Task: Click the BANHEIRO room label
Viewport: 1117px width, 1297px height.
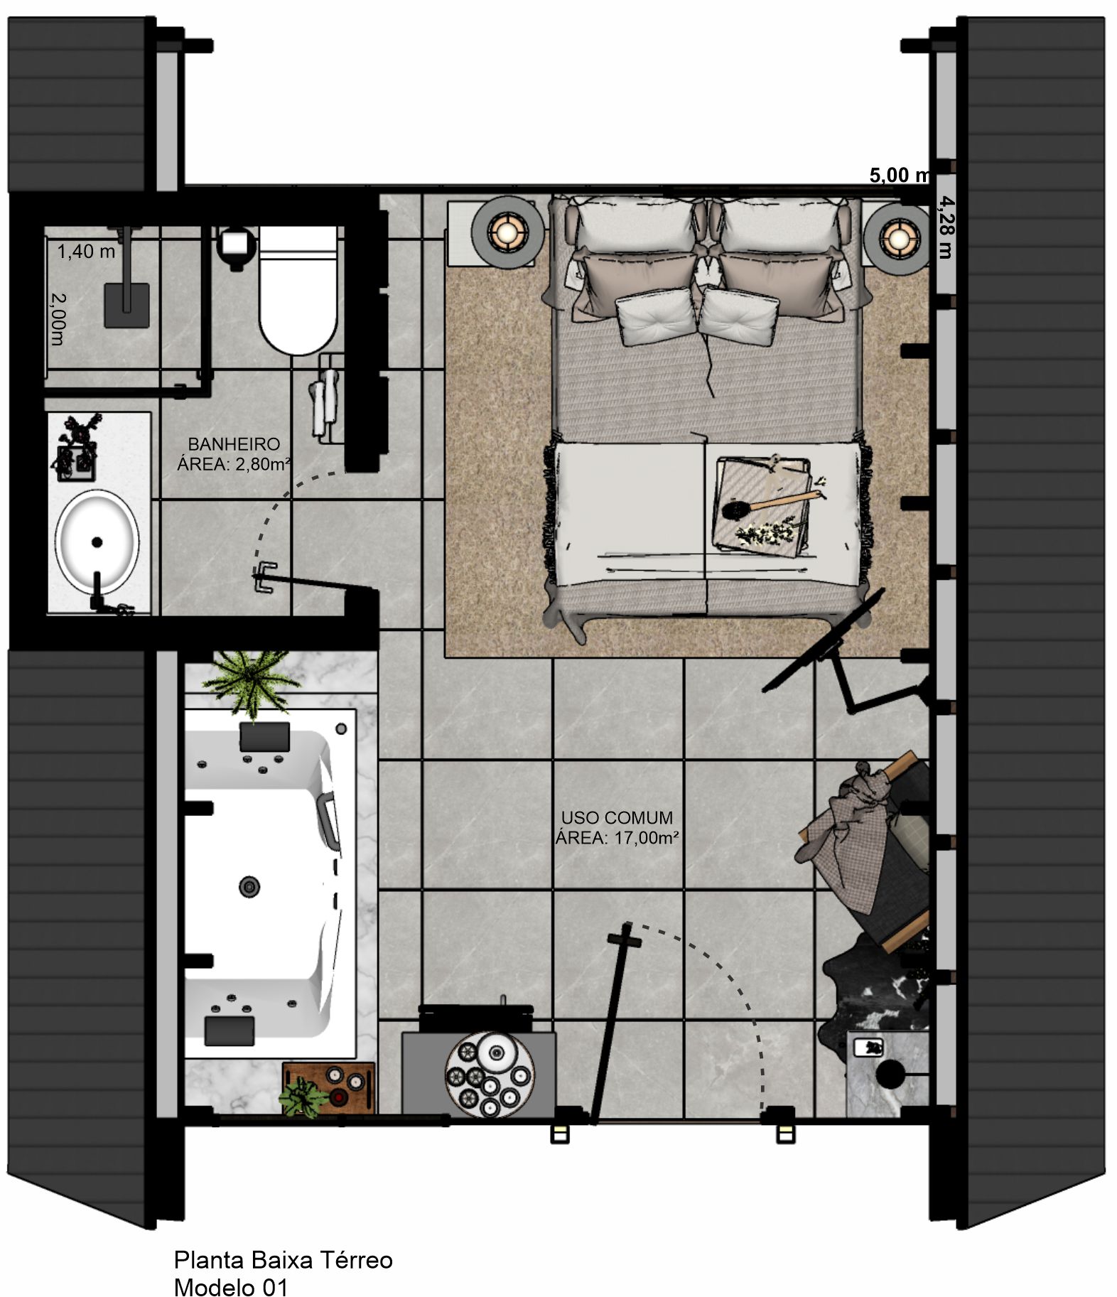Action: coord(234,444)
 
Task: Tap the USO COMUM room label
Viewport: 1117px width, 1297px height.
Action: coord(617,817)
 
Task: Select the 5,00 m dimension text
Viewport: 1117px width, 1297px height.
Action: coord(899,175)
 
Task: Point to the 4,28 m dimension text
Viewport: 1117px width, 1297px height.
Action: coord(946,227)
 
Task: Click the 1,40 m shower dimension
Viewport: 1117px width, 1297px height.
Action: coord(86,251)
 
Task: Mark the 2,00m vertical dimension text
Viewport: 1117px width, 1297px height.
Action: coord(58,319)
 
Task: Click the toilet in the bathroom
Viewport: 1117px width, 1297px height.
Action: coord(297,290)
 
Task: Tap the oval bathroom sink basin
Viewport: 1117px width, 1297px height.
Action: coord(97,542)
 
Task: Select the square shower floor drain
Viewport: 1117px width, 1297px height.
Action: coord(127,306)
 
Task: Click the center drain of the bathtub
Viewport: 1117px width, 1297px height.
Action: coord(249,886)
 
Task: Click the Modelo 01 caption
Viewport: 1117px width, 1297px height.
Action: coord(231,1286)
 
